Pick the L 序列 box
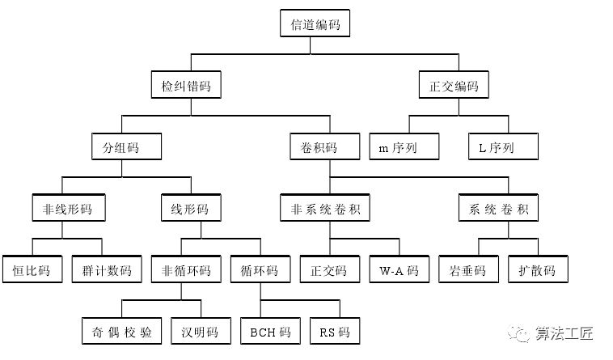click(503, 148)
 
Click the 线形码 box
click(185, 209)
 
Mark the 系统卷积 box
click(498, 209)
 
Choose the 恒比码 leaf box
click(32, 269)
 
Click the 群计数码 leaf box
click(102, 269)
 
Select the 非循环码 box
click(181, 269)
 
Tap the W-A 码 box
click(399, 269)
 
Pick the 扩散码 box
click(538, 269)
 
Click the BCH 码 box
click(269, 331)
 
